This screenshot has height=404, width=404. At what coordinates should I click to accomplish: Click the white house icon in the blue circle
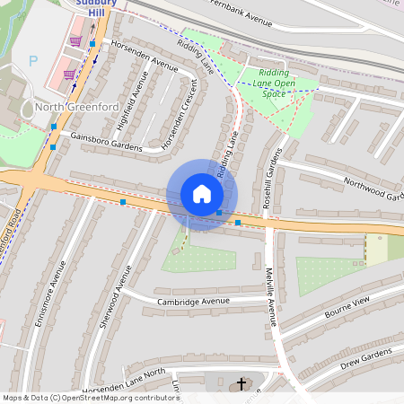tap(201, 194)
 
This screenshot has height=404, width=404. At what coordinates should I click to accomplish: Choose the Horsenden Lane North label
tap(124, 378)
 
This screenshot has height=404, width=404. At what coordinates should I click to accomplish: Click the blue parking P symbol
tap(34, 61)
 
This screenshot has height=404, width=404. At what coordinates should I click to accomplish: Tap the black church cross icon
tap(240, 384)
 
